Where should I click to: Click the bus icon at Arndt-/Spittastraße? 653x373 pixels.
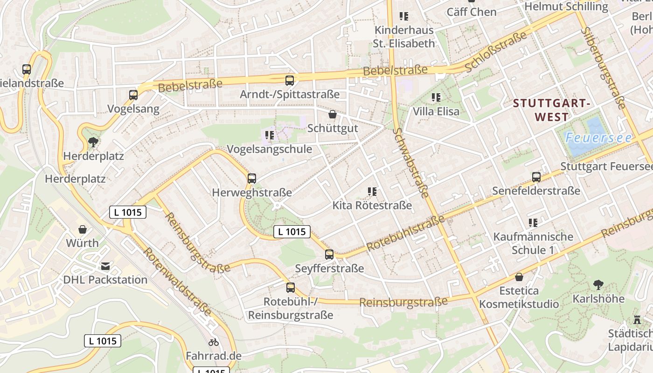290,80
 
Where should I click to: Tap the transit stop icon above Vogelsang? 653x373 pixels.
133,95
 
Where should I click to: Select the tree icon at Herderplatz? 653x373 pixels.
93,142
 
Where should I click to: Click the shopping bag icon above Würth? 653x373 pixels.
83,229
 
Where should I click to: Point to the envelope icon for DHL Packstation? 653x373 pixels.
105,266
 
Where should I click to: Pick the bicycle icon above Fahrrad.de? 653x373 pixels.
214,342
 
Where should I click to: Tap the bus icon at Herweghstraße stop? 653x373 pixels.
252,178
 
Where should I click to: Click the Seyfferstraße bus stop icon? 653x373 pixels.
329,255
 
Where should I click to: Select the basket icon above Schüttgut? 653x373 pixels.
333,114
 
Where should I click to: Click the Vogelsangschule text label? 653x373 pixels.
269,149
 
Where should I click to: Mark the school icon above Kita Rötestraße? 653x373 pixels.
372,191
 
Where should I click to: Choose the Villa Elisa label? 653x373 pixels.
436,111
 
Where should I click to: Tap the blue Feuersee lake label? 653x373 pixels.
598,138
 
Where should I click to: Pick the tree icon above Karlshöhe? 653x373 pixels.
598,284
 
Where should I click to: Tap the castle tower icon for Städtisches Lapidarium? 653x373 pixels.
637,320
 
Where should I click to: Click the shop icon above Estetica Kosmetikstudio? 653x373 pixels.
519,277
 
